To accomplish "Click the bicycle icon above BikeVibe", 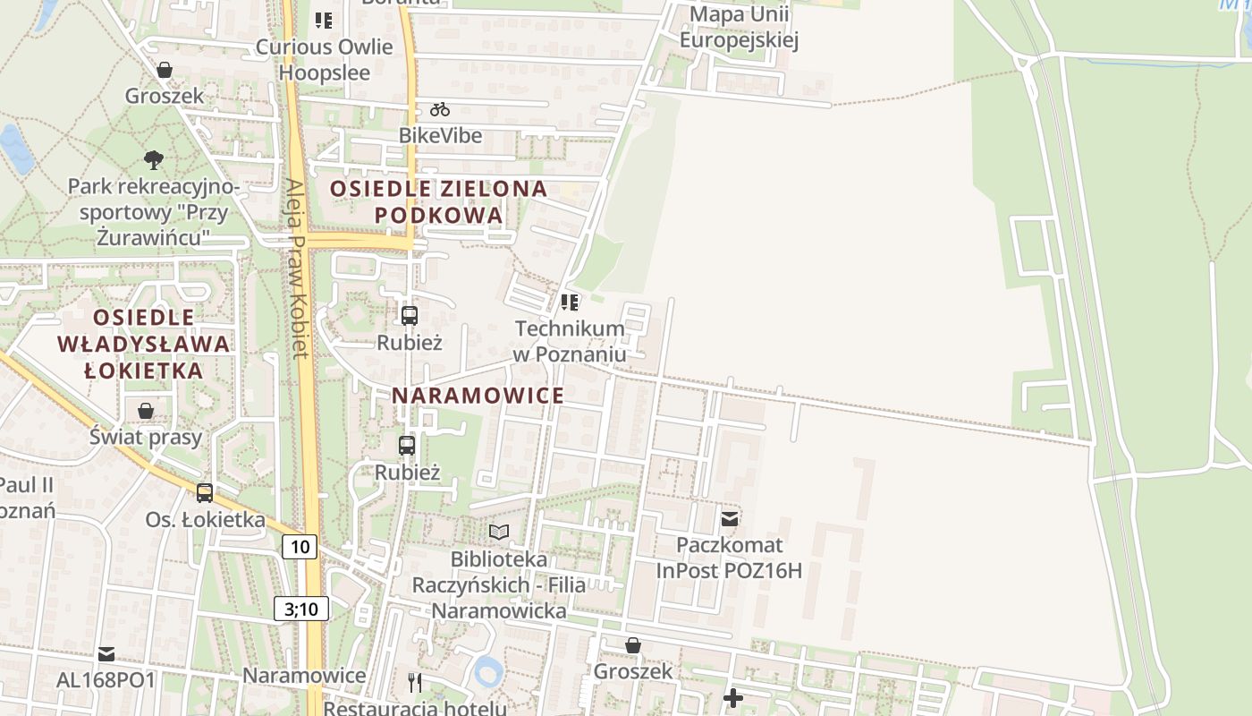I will coord(439,110).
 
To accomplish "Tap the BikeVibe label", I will coord(440,136).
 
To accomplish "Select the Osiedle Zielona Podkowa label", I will coord(438,201).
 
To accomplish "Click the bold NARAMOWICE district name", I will coord(478,396).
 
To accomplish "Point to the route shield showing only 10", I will coord(300,547).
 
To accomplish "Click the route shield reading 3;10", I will coord(301,609).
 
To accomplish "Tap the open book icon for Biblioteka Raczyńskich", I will coord(499,533).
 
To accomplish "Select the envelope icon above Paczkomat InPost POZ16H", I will coord(730,519).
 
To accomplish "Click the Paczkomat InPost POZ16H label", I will coord(729,558).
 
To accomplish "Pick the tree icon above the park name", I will coord(154,160).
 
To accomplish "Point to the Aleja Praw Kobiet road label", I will coord(298,268).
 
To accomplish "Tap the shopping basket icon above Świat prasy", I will coord(146,411).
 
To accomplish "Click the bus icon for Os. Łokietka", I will coord(205,492).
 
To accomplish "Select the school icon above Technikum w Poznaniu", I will coord(570,303).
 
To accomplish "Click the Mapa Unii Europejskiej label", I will coord(739,27).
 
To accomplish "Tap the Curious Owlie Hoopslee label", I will coord(325,59).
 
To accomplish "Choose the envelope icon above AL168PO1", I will coord(106,653).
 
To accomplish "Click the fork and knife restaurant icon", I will coord(414,683).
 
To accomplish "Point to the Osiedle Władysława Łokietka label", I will coord(143,344).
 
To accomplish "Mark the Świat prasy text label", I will coord(146,438).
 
